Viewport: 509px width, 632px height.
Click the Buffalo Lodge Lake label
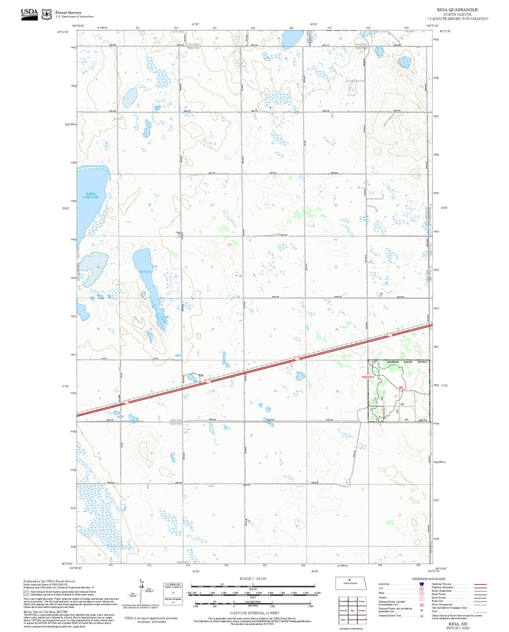pyautogui.click(x=91, y=196)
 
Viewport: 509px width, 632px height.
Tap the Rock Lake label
pyautogui.click(x=145, y=272)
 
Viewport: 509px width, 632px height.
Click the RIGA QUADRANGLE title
pyautogui.click(x=457, y=10)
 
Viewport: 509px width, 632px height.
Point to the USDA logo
pyautogui.click(x=29, y=14)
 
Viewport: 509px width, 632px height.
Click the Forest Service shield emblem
pyautogui.click(x=46, y=14)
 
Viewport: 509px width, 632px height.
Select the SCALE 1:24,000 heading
pyautogui.click(x=253, y=578)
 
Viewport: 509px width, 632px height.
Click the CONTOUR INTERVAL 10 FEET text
pyautogui.click(x=254, y=613)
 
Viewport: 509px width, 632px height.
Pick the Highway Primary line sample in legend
pyautogui.click(x=480, y=584)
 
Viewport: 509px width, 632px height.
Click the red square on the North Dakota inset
pyautogui.click(x=349, y=580)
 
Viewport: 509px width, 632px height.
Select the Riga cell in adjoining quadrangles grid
pyautogui.click(x=353, y=611)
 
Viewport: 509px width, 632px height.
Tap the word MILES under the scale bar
pyautogui.click(x=253, y=589)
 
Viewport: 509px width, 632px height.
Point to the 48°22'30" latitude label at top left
pyautogui.click(x=63, y=32)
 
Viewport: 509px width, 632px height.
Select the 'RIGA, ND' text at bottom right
pyautogui.click(x=458, y=624)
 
